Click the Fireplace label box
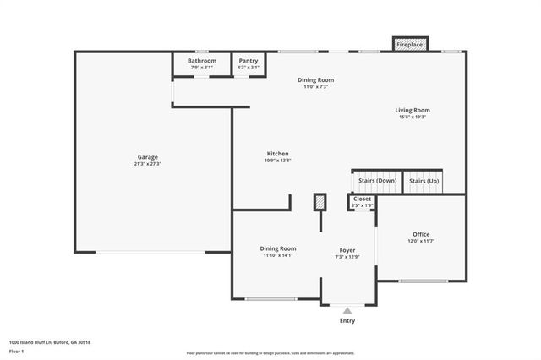[411, 44]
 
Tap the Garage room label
[148, 157]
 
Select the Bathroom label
[202, 61]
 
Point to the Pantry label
[249, 61]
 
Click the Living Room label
[413, 110]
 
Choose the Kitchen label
[277, 154]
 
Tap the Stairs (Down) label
[377, 181]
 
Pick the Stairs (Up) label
[424, 181]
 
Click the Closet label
[362, 199]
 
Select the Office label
[421, 234]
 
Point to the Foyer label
[347, 250]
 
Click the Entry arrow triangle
[347, 311]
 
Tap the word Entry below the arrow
[347, 321]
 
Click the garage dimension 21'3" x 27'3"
[148, 164]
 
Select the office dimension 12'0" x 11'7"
[421, 241]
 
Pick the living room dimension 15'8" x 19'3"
[413, 117]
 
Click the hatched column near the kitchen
[320, 203]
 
